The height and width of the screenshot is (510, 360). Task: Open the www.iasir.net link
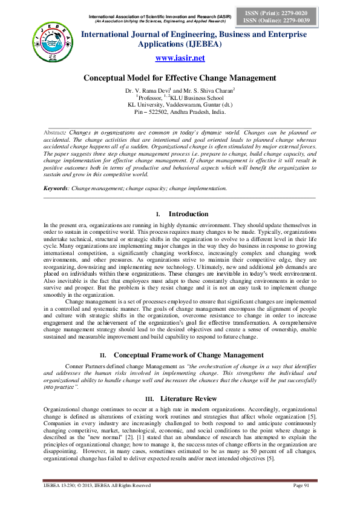[180, 58]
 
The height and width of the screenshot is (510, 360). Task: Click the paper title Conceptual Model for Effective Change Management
[180, 78]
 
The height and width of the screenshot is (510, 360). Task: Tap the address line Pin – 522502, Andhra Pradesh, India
[180, 112]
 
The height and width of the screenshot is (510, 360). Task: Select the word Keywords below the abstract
[55, 188]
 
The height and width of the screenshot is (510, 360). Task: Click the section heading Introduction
[188, 214]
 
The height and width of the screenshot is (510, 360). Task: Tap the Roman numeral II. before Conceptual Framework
[103, 354]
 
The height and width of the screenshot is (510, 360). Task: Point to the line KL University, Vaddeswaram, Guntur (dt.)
[180, 105]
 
